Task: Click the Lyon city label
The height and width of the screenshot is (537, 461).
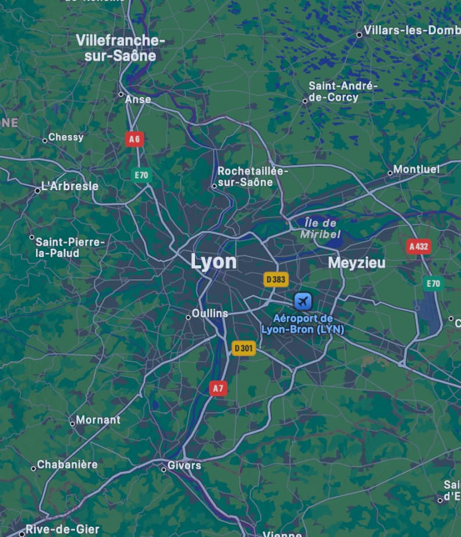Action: tap(214, 262)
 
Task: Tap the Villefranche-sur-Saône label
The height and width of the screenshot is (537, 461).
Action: tap(120, 48)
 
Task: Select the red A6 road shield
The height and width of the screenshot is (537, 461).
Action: tap(134, 138)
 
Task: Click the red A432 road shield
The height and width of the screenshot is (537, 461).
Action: tap(419, 247)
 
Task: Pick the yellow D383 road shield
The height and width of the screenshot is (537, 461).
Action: tap(276, 280)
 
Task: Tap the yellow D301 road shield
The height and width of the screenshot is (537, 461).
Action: tap(243, 348)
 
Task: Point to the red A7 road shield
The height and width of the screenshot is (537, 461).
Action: tap(218, 388)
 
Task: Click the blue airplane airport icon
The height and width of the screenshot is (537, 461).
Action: tap(303, 301)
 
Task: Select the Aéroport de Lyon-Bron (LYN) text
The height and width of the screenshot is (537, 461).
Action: tap(303, 324)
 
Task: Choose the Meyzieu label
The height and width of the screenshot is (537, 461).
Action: tap(356, 263)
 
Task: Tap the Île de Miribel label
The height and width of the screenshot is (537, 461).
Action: tap(320, 229)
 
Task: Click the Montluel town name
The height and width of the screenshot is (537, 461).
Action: tap(416, 169)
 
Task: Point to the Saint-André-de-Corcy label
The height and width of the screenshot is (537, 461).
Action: tap(343, 92)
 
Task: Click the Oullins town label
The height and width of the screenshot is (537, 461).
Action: tap(210, 314)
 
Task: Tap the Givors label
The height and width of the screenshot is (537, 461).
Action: tap(184, 465)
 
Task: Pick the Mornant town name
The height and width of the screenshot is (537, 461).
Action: tap(98, 419)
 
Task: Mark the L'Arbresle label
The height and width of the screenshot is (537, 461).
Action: tap(69, 187)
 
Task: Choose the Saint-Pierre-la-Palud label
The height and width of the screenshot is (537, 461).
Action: tap(70, 247)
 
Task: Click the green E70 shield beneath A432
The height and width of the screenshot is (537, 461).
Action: tap(433, 284)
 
